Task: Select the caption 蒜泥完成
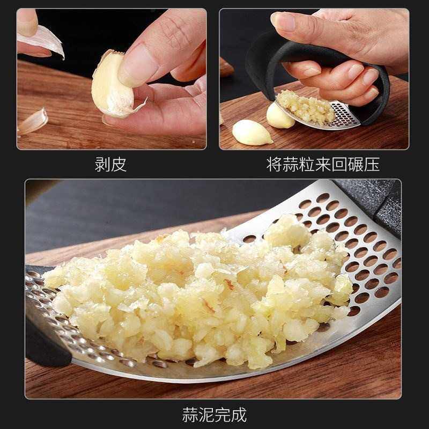coord(214,414)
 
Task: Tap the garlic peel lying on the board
coord(32,121)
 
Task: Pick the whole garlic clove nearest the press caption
coord(252,132)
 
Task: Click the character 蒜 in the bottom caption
coord(190,414)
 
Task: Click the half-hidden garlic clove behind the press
coord(279,115)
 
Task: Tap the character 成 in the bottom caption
coord(239,414)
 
